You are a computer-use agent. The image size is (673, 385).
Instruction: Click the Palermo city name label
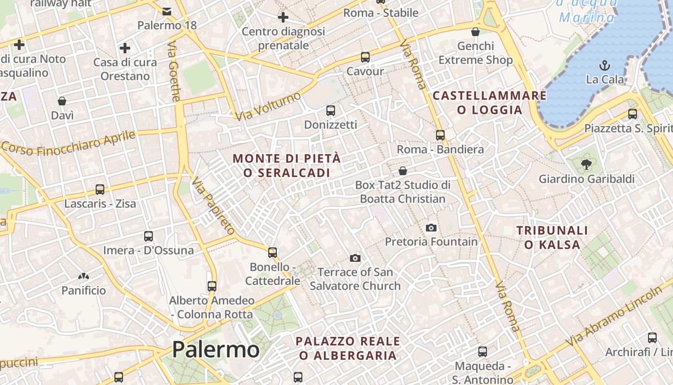(x=215, y=349)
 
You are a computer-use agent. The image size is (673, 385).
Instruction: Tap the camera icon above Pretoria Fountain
(x=431, y=228)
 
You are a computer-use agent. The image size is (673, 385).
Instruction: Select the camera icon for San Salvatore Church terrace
(x=355, y=258)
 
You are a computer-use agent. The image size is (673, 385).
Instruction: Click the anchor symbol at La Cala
(x=604, y=65)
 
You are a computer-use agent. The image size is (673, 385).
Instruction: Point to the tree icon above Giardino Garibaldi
(x=586, y=165)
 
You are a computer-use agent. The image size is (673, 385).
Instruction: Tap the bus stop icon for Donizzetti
(x=331, y=110)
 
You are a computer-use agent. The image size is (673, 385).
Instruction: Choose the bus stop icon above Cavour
(x=365, y=57)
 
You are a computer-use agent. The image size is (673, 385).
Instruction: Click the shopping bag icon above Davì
(x=62, y=101)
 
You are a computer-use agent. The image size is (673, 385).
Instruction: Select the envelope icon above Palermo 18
(x=167, y=11)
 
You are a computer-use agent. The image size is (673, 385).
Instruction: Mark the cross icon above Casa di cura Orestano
(x=125, y=48)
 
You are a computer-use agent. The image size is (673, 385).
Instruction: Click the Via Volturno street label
(x=268, y=106)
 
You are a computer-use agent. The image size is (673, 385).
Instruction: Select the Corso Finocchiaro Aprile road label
(x=69, y=142)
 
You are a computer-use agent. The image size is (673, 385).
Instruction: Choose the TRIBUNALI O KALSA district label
(x=552, y=238)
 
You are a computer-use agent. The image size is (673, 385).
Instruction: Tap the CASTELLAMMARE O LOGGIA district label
(x=490, y=103)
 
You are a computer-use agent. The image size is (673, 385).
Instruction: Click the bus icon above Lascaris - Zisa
(x=100, y=189)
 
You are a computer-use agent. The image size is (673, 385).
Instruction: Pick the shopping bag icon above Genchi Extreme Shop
(x=475, y=32)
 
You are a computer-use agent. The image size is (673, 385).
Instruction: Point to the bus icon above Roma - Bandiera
(x=440, y=135)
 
